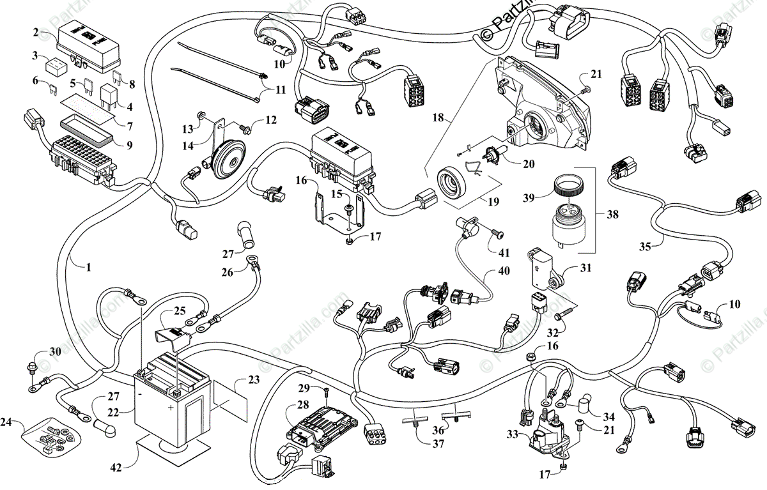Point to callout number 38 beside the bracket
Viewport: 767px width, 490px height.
[x=612, y=215]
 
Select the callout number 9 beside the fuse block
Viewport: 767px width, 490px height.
[x=129, y=145]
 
